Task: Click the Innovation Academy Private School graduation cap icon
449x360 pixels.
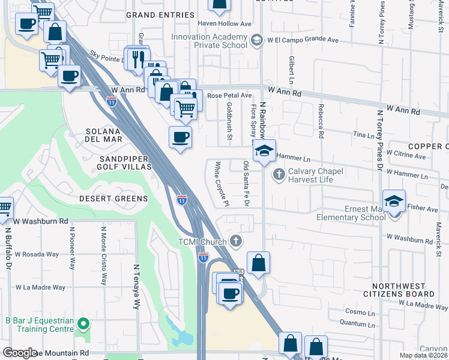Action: coord(257,40)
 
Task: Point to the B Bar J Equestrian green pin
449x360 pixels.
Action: coord(84,325)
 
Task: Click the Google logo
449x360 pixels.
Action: coord(20,353)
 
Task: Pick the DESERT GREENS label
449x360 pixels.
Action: coord(113,198)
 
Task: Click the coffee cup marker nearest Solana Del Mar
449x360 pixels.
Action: coord(180,138)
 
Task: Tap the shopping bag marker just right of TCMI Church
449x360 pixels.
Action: coord(258,263)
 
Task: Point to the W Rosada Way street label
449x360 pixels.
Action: coord(37,254)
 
